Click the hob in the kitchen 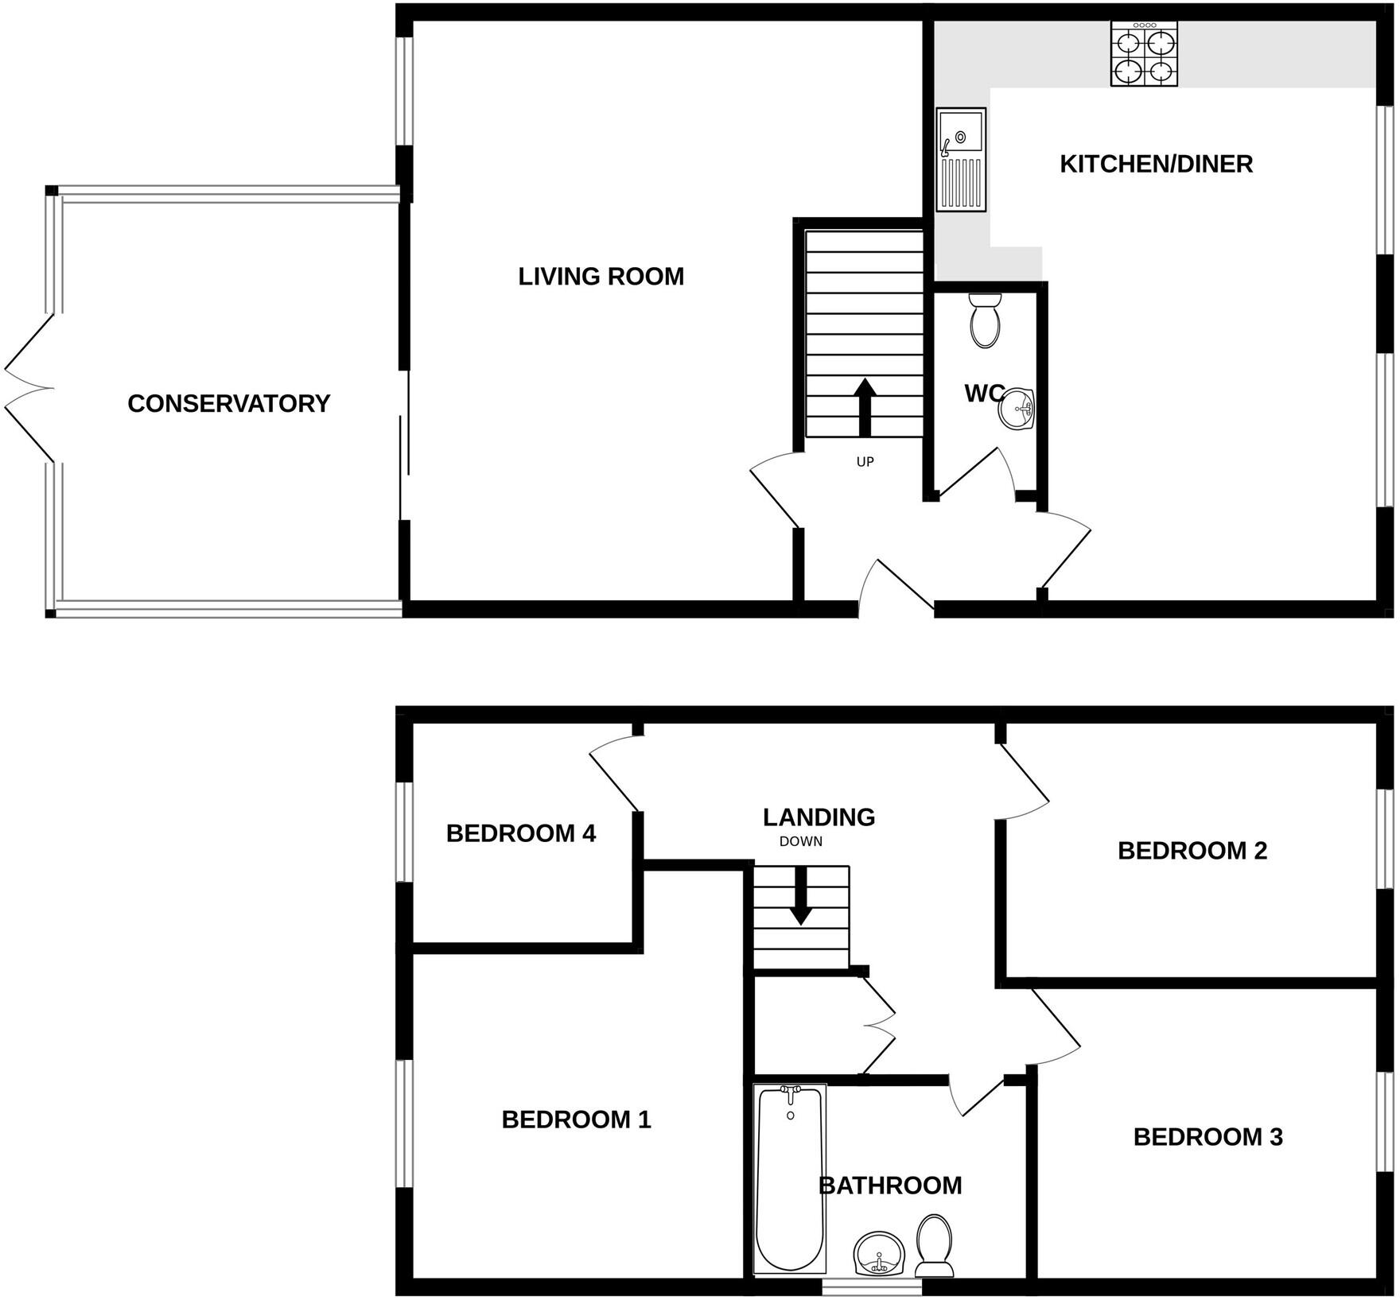[x=1144, y=54]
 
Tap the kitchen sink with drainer [x=961, y=160]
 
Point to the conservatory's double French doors [x=30, y=389]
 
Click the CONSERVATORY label [x=228, y=404]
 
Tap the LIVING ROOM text [x=601, y=277]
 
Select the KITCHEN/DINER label [x=1156, y=164]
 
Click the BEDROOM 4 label [x=520, y=833]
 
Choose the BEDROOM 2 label [x=1192, y=851]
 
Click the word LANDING [x=819, y=817]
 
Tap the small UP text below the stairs [x=865, y=462]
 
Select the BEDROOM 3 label [x=1207, y=1137]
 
